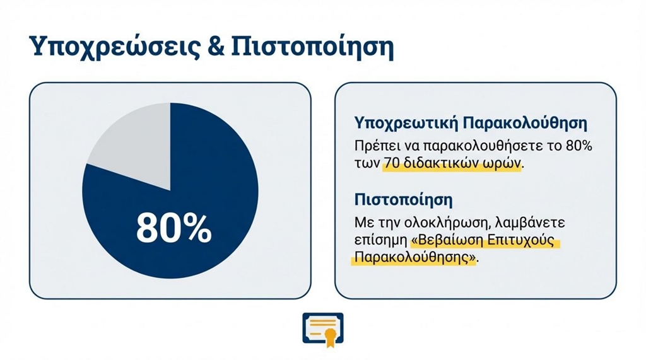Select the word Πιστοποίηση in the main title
point(312,47)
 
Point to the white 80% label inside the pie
point(174,228)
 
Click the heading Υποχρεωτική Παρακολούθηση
point(471,123)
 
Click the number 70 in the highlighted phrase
point(391,163)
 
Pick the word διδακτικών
point(443,163)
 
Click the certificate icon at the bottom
point(323,329)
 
